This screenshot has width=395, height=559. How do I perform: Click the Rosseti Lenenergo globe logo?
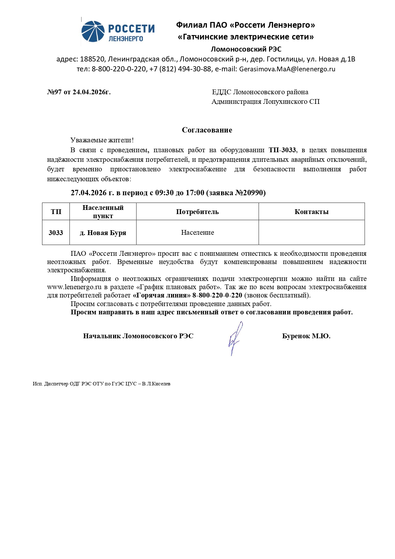coord(93,31)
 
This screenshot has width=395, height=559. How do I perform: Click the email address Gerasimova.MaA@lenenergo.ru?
coord(287,69)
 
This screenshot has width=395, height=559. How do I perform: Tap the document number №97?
coord(54,92)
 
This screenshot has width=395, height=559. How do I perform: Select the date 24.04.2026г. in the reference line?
coord(91,92)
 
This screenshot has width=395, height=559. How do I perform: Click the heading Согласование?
coord(207,130)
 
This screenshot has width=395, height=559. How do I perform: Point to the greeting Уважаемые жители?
coord(102,140)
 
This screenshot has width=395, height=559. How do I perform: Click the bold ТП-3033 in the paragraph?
coord(282,150)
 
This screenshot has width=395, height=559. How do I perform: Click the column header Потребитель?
coord(197,212)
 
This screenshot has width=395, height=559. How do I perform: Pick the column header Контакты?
coord(311,212)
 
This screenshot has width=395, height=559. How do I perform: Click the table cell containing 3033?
coord(56,233)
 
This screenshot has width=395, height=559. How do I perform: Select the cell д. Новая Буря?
coord(103,233)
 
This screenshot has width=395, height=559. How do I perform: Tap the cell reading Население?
coord(197,233)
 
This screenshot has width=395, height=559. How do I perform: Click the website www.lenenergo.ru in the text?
coord(74,287)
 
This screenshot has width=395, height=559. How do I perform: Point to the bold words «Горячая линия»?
coord(162,295)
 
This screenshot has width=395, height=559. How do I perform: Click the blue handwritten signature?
coord(235,338)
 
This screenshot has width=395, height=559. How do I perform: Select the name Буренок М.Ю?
coord(306,336)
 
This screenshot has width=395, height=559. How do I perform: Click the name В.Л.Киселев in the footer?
coord(156,384)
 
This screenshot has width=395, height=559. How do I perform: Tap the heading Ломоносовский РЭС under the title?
coord(246,49)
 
